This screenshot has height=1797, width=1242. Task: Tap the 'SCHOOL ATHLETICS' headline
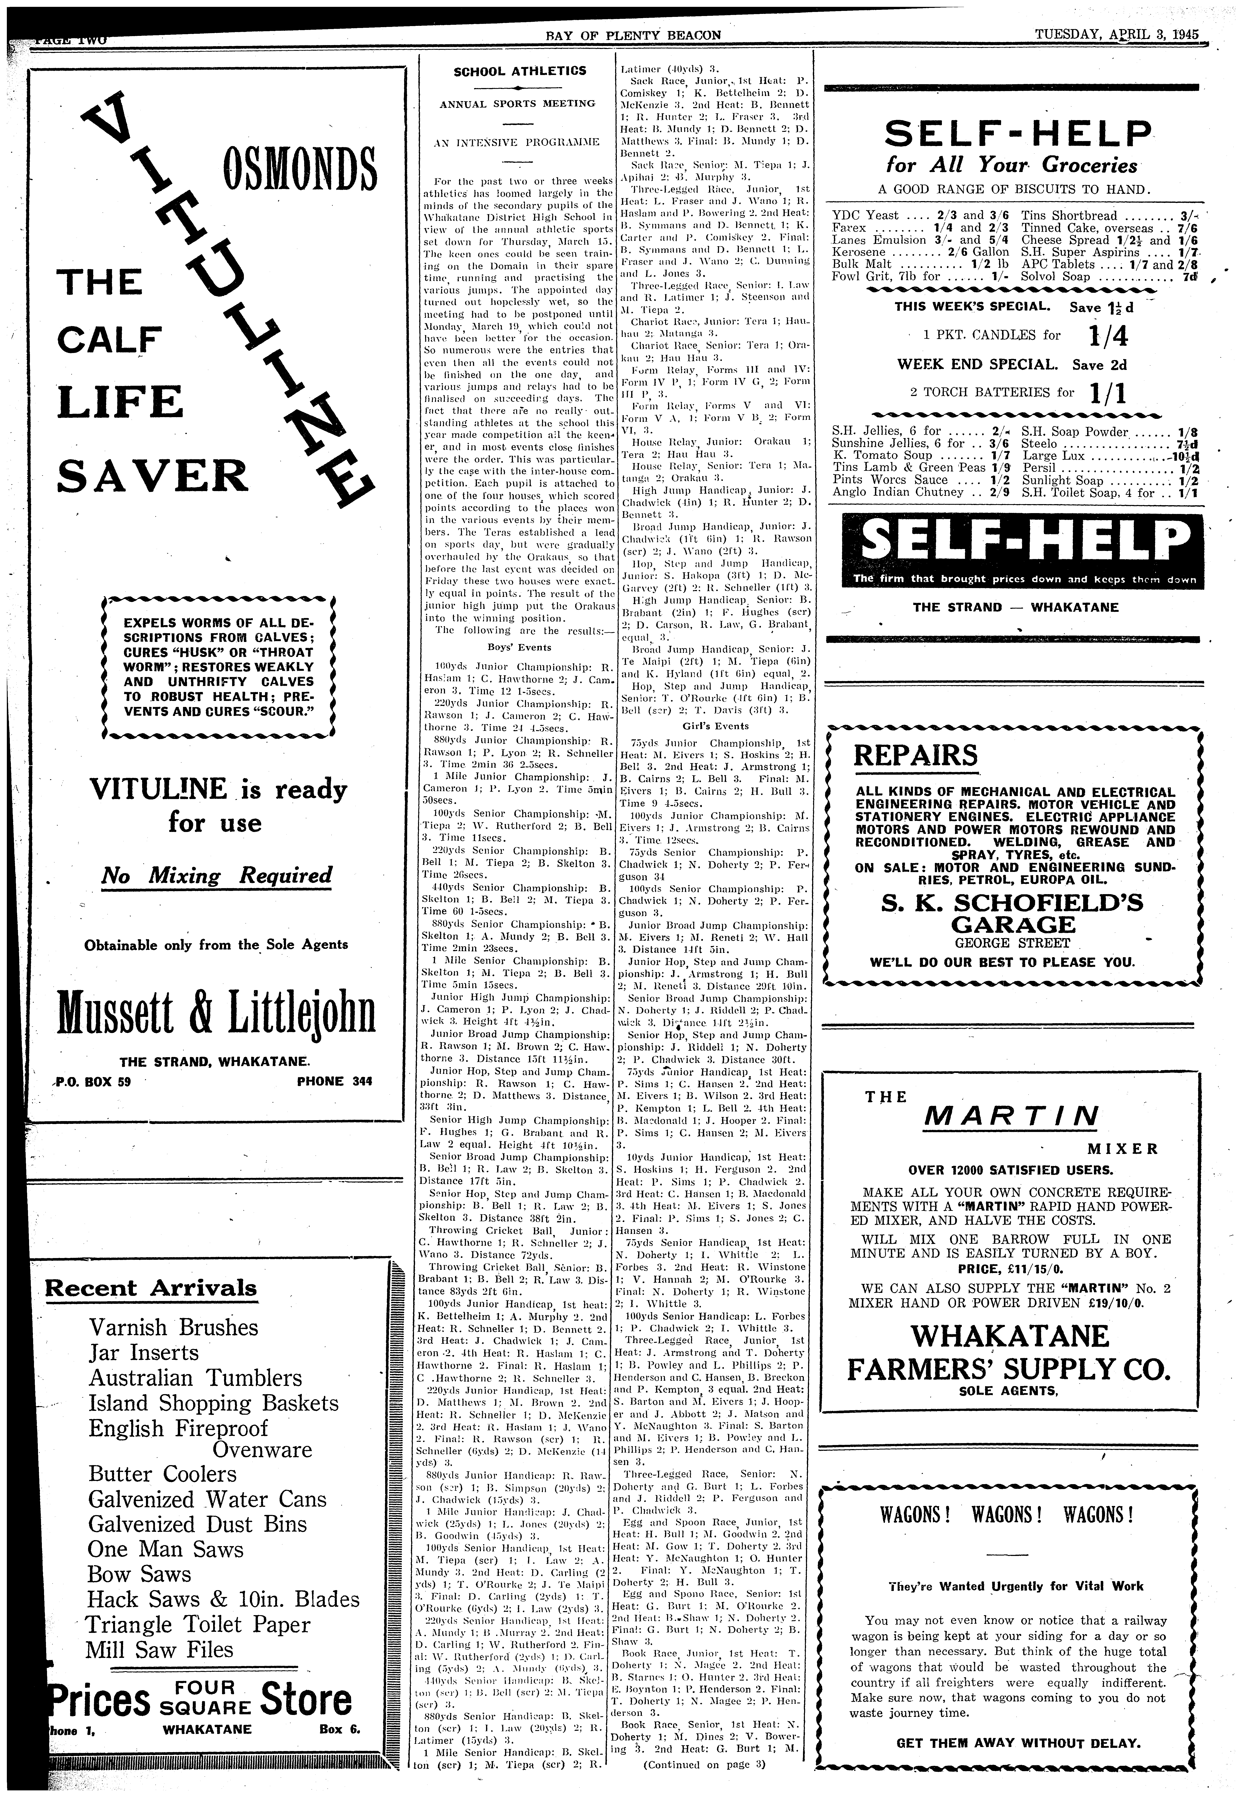tap(520, 71)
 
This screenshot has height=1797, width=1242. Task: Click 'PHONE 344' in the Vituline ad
tap(335, 1081)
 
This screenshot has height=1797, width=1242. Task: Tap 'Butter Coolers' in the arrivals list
tap(163, 1474)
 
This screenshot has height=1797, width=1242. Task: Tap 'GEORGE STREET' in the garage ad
tap(1002, 943)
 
